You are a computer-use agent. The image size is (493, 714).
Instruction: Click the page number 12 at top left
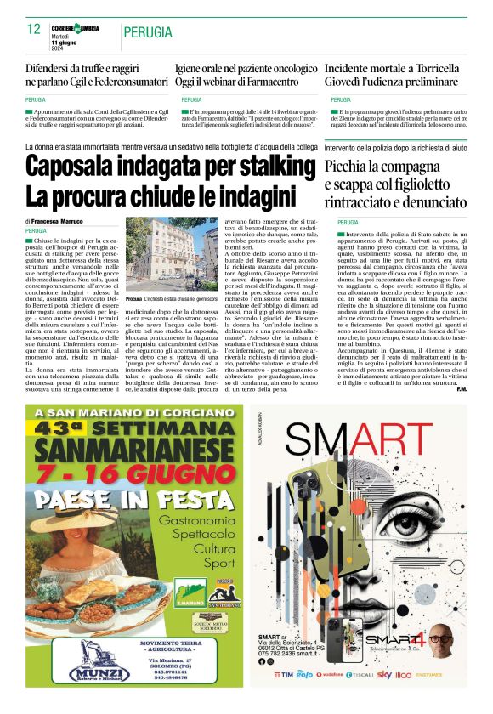pos(34,30)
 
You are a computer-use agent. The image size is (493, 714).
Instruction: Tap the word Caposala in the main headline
pos(81,167)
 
